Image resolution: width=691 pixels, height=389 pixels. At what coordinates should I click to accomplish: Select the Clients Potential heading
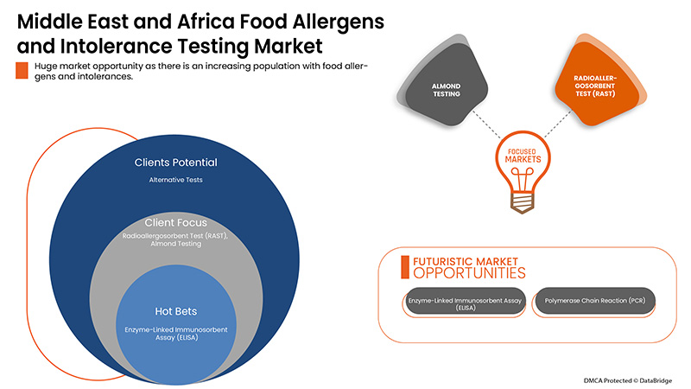pyautogui.click(x=175, y=163)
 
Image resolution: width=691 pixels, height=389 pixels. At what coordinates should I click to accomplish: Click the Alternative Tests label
pyautogui.click(x=175, y=180)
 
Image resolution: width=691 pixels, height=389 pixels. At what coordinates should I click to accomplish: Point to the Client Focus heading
pyautogui.click(x=175, y=222)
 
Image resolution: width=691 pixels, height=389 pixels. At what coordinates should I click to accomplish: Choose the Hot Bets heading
pyautogui.click(x=175, y=310)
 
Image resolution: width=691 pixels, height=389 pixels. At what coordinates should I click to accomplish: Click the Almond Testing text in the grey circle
pyautogui.click(x=175, y=245)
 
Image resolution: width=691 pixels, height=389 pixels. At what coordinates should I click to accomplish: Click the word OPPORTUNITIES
pyautogui.click(x=469, y=273)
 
